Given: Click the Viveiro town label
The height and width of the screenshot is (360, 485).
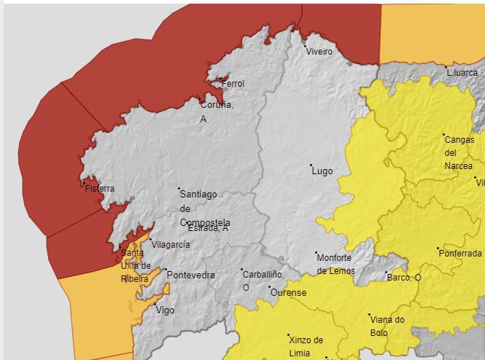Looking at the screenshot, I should click(x=319, y=52).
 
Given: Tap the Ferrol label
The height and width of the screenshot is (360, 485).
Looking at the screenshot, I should click(x=233, y=84).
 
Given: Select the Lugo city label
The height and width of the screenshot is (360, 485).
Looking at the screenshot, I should click(x=322, y=171).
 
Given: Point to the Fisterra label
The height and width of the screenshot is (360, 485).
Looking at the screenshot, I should click(x=100, y=188).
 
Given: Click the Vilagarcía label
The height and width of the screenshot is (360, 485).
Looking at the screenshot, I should click(x=171, y=245).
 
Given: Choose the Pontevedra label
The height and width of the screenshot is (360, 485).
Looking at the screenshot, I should click(x=191, y=275).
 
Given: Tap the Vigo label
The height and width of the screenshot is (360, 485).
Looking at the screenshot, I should click(x=165, y=310).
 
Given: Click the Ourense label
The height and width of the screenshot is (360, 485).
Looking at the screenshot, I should click(x=288, y=293).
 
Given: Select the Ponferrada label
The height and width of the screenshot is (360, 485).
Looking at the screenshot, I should click(x=460, y=254).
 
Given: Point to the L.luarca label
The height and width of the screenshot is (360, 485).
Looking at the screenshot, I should click(x=462, y=73).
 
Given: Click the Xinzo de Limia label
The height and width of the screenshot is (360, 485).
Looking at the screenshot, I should click(x=306, y=346).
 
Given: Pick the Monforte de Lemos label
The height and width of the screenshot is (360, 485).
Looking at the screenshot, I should click(x=335, y=264).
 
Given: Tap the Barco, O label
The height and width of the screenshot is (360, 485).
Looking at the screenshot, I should click(x=404, y=278).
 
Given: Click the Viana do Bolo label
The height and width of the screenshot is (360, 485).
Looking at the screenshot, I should click(x=387, y=326).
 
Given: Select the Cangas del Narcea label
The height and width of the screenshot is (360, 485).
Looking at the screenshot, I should click(x=459, y=152).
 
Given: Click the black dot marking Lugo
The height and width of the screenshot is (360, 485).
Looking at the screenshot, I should click(x=311, y=165).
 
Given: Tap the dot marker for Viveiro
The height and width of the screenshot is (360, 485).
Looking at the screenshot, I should click(x=306, y=46).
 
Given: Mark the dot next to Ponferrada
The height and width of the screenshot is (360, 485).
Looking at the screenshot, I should click(x=438, y=249).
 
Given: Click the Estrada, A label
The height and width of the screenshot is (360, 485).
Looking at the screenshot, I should click(x=208, y=228).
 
